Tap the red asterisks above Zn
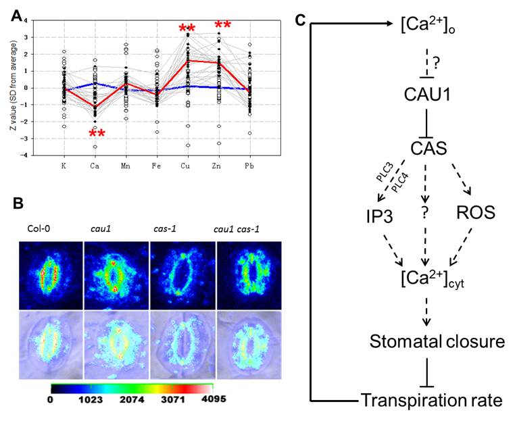(223, 26)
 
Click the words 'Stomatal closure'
(437, 341)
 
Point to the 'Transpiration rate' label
(431, 400)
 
